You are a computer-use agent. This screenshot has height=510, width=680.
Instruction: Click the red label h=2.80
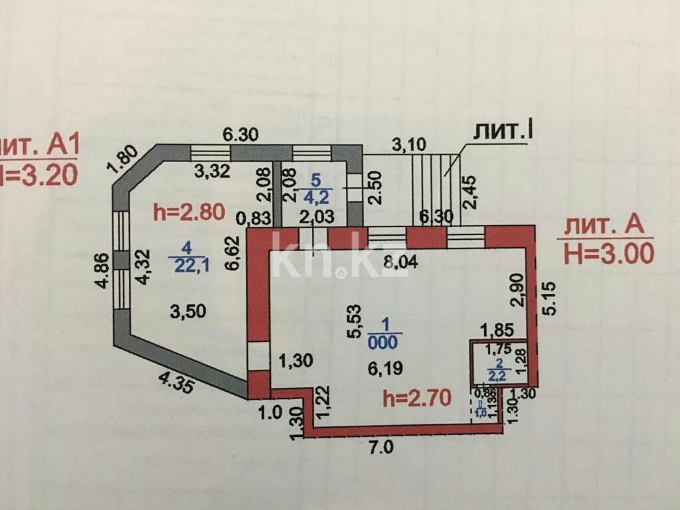189,212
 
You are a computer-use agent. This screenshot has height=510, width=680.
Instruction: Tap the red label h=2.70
417,398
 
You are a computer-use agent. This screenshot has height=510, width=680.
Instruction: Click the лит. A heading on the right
604,225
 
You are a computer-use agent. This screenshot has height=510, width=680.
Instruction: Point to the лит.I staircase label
504,131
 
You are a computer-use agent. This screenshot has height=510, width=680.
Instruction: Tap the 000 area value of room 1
385,343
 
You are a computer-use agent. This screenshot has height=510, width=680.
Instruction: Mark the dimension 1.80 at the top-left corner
125,159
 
